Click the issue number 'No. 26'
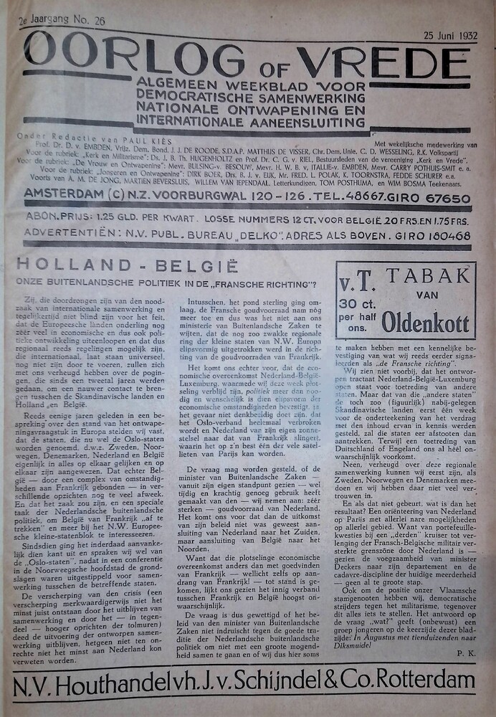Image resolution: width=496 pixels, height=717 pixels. point(90,22)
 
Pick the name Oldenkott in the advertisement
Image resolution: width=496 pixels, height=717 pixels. point(425,323)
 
